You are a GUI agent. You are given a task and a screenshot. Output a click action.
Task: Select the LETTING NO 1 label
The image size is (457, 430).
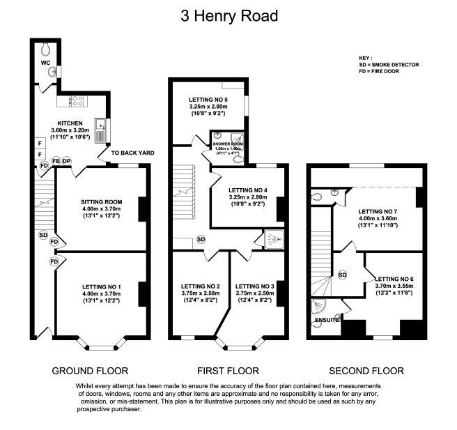[x=101, y=286]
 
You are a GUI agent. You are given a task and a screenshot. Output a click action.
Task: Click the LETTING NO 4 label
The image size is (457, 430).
[x=247, y=190]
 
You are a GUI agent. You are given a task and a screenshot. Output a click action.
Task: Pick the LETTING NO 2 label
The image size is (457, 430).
[x=201, y=286]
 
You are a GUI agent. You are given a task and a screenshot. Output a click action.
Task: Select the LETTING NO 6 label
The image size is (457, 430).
[x=394, y=277]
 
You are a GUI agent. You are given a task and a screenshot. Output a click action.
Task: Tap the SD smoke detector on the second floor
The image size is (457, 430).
[x=342, y=275]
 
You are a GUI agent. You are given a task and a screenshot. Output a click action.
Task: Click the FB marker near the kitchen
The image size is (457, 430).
[x=56, y=161]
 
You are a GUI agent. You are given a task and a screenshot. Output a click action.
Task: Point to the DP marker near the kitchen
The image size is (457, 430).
[x=67, y=161]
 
